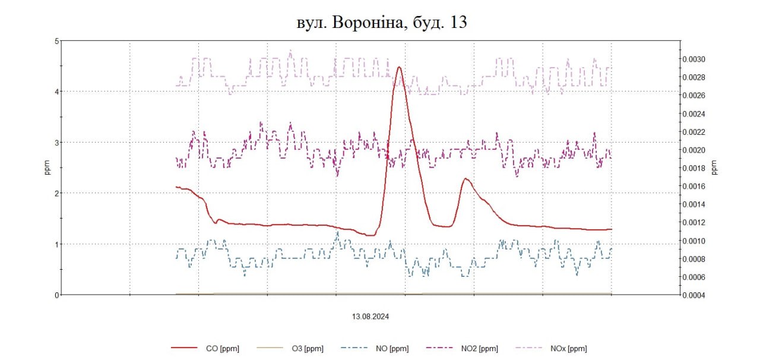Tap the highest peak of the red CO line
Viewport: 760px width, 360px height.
(399, 67)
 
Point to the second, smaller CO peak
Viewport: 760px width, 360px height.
(466, 178)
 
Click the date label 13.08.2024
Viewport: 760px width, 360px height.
(370, 317)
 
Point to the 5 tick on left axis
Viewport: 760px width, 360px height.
(57, 41)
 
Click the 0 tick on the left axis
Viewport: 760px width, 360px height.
(57, 295)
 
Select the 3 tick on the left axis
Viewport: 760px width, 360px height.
(57, 143)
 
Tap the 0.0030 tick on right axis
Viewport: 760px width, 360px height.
(693, 59)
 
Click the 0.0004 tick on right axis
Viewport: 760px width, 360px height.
(693, 295)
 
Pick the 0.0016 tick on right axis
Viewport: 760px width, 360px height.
(693, 187)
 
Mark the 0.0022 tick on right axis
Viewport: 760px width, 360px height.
(693, 132)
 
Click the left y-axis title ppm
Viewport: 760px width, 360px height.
(47, 168)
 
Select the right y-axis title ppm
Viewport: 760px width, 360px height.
(714, 168)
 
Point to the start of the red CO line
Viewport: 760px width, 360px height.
(176, 187)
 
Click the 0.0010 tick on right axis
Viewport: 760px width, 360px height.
(693, 241)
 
